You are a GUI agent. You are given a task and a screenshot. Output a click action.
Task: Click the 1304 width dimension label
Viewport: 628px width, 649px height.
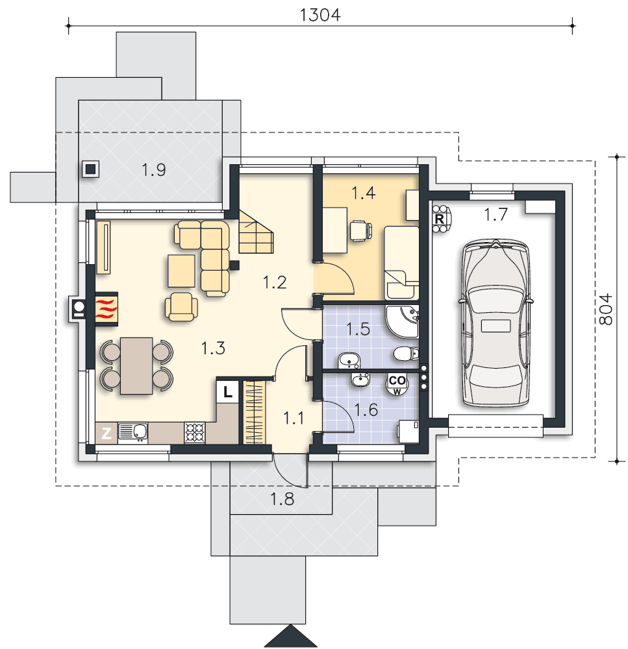pyautogui.click(x=320, y=15)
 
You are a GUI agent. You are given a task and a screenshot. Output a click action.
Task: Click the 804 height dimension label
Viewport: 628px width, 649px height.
pyautogui.click(x=606, y=309)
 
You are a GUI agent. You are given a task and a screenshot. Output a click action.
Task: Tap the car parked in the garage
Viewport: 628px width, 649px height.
pyautogui.click(x=496, y=323)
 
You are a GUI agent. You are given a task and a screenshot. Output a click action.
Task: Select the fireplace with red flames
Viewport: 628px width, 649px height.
pyautogui.click(x=107, y=309)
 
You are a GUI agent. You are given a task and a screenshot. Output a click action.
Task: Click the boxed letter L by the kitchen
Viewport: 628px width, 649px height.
pyautogui.click(x=227, y=391)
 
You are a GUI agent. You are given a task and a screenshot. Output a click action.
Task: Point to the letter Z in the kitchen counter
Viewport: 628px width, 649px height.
pyautogui.click(x=107, y=434)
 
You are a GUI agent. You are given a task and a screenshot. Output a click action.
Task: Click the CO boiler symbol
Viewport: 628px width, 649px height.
pyautogui.click(x=397, y=384)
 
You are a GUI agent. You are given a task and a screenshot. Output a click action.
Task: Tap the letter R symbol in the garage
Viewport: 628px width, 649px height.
pyautogui.click(x=440, y=219)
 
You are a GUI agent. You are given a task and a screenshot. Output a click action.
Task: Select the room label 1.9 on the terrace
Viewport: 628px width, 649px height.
pyautogui.click(x=154, y=169)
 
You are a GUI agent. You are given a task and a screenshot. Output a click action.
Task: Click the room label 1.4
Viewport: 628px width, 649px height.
pyautogui.click(x=363, y=193)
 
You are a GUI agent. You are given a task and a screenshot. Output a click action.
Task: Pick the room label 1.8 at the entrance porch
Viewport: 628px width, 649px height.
pyautogui.click(x=282, y=500)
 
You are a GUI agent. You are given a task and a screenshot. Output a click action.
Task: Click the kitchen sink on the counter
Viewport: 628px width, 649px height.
pyautogui.click(x=132, y=432)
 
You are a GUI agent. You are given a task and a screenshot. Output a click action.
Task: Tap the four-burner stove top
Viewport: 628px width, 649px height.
pyautogui.click(x=194, y=432)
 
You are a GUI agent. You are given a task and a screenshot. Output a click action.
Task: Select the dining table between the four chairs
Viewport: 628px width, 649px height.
pyautogui.click(x=136, y=366)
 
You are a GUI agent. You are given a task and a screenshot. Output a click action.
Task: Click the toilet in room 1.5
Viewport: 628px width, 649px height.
pyautogui.click(x=405, y=354)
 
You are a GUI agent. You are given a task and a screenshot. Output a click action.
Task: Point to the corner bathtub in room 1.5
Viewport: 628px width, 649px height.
pyautogui.click(x=402, y=322)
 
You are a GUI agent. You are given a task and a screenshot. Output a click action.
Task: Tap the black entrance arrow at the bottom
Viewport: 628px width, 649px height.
pyautogui.click(x=285, y=637)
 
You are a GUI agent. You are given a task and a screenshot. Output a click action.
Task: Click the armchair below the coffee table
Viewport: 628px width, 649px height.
pyautogui.click(x=181, y=307)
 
